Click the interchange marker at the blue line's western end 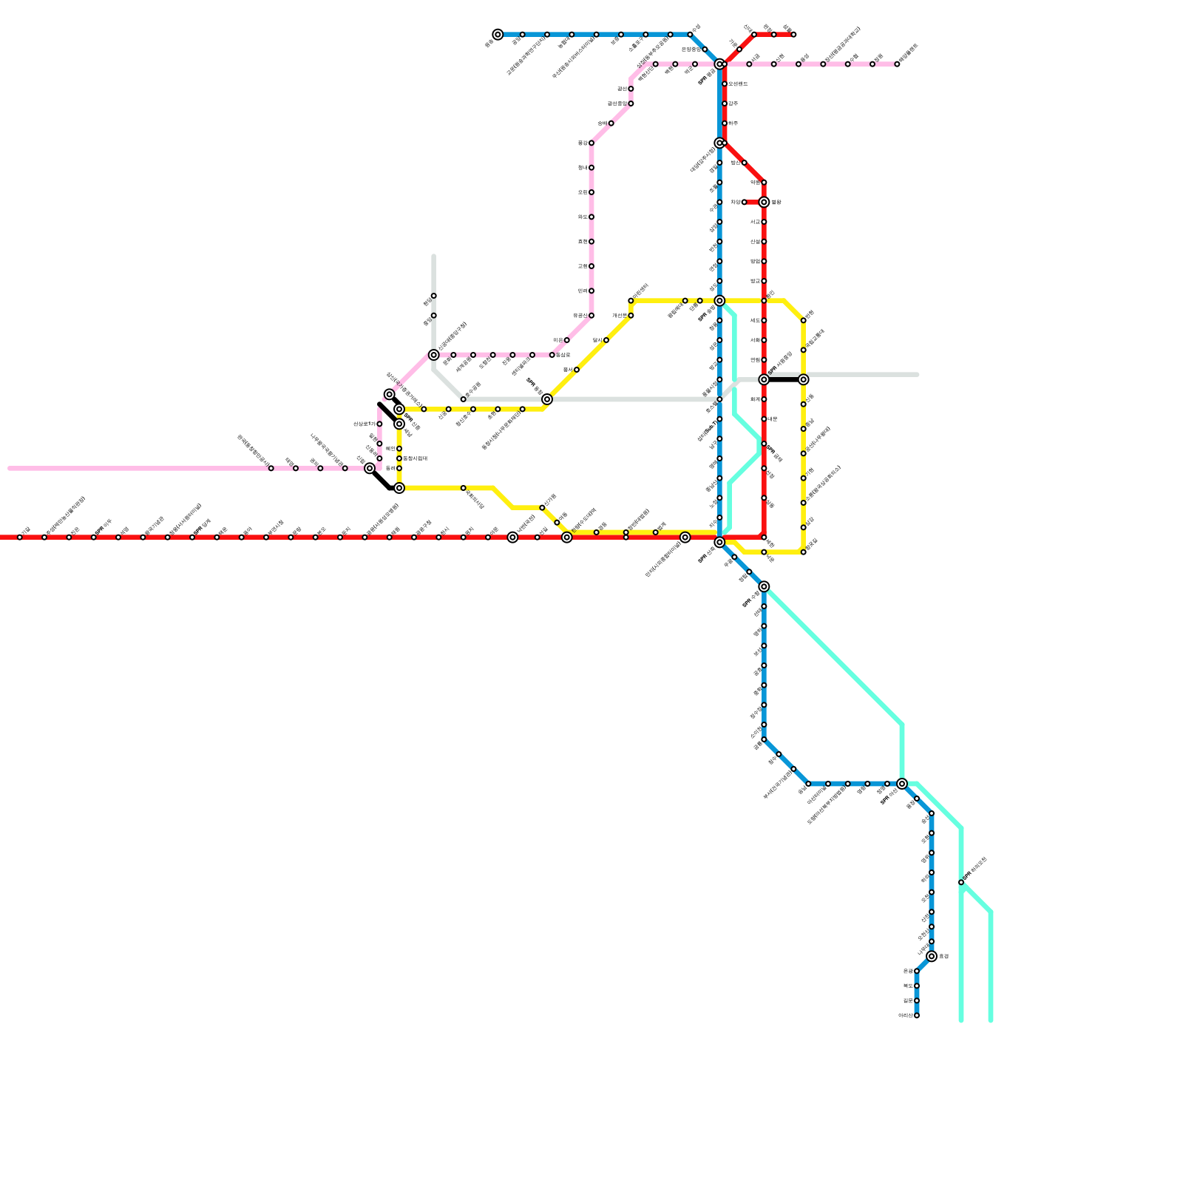498,35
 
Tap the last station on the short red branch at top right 793,35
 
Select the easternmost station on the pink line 897,64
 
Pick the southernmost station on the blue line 917,1015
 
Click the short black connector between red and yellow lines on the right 784,380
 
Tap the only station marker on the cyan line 961,882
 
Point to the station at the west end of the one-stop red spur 744,202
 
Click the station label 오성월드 738,84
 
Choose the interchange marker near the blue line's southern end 932,956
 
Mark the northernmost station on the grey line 433,296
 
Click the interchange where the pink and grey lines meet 433,355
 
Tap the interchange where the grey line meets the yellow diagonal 547,399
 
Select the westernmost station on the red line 20,538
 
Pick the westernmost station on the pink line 271,468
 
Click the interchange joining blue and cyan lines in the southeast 902,784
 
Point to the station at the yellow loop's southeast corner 803,552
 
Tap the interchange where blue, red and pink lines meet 719,64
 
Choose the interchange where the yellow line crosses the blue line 719,301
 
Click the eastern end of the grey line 917,375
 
